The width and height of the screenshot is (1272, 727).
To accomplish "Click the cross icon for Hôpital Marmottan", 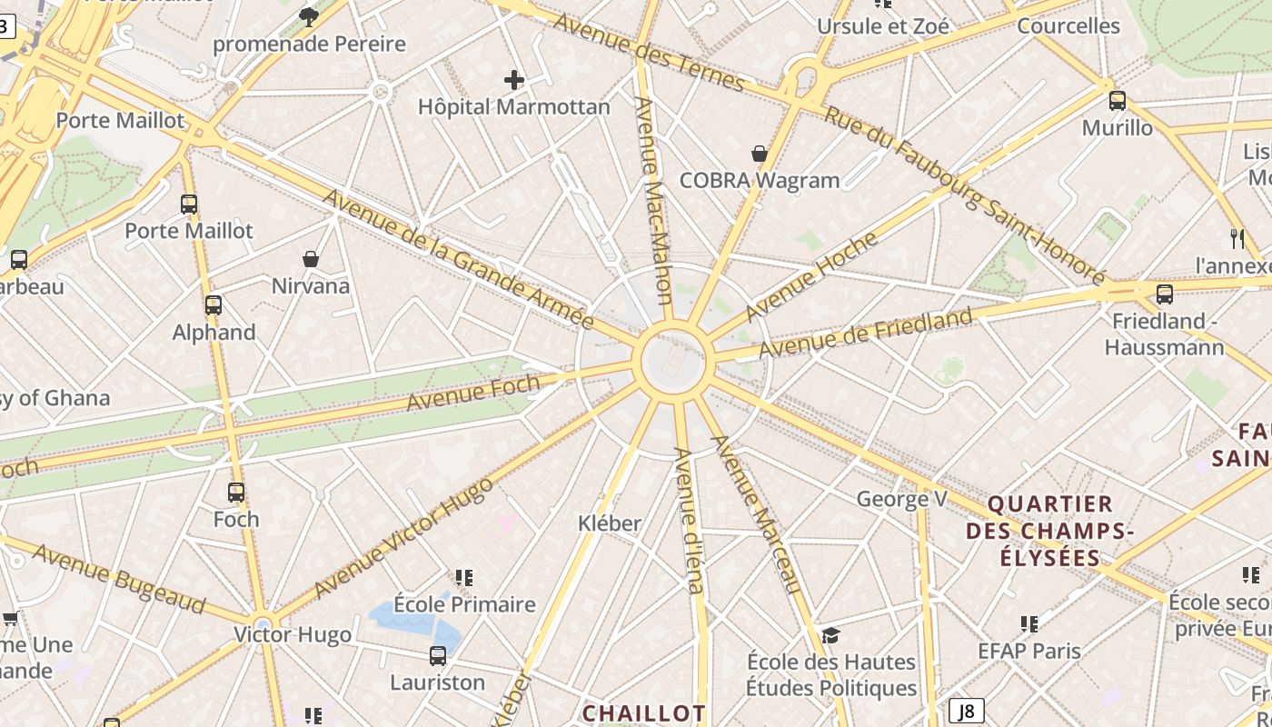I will [514, 80].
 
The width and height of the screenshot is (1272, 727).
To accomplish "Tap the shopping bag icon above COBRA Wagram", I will [759, 154].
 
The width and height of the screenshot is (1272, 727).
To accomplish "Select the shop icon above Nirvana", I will [311, 259].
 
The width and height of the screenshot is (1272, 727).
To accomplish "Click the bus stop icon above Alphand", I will [214, 305].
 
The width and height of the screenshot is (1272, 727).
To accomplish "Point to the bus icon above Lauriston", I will [438, 655].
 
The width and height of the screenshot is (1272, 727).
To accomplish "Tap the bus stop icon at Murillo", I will [1118, 101].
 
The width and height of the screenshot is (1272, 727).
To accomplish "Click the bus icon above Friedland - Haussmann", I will [1165, 294].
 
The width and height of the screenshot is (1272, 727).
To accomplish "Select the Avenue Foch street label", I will [472, 392].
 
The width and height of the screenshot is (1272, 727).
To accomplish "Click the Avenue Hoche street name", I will [811, 276].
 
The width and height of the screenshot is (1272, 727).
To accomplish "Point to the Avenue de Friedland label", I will [865, 334].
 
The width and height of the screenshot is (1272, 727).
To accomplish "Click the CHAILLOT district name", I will [644, 713].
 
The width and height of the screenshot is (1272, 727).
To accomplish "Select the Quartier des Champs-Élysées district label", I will [1050, 530].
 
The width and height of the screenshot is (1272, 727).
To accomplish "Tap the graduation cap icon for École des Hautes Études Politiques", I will [830, 634].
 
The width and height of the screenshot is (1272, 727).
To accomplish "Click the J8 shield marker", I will [967, 711].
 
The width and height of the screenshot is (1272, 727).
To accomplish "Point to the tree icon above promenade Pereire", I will [309, 15].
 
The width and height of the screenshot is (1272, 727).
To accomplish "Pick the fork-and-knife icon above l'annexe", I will [1237, 238].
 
